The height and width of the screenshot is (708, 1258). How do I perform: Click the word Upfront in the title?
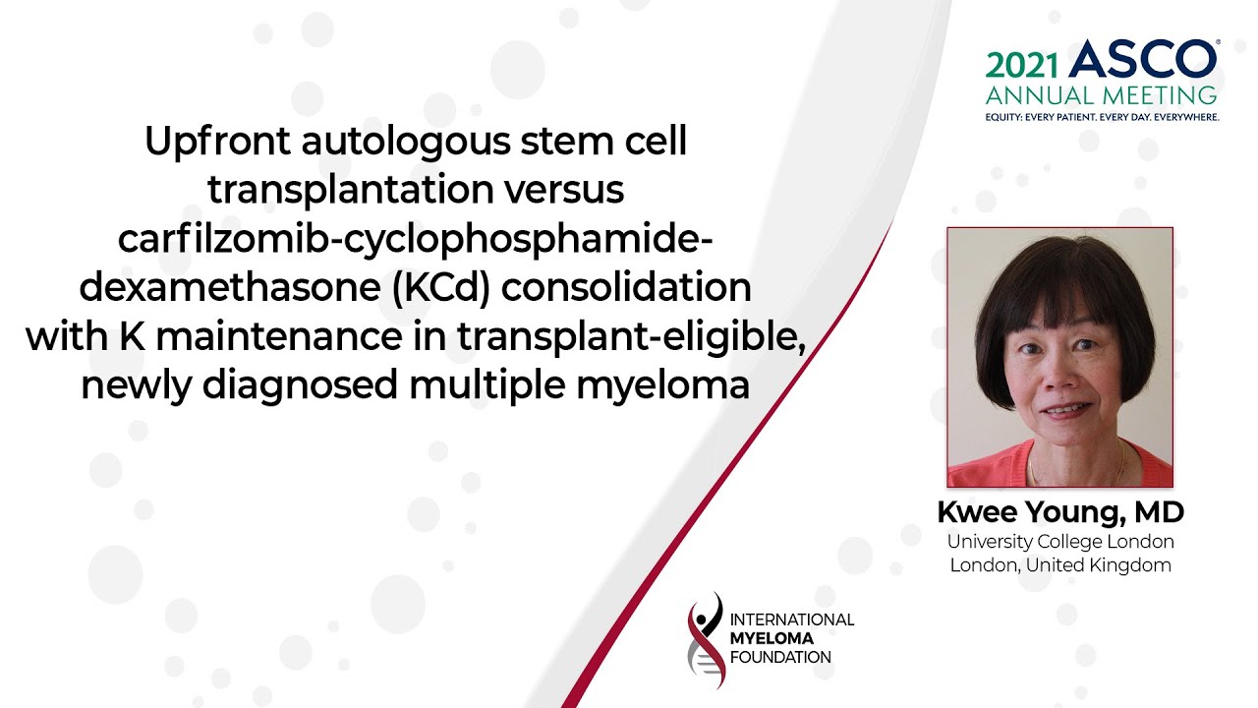click(x=217, y=142)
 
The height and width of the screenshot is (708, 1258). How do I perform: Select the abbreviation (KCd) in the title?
click(x=441, y=287)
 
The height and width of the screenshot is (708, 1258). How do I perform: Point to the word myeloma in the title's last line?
click(x=662, y=386)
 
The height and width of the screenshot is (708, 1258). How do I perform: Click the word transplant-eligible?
click(x=631, y=337)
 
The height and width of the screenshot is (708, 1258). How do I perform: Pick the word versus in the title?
click(x=564, y=190)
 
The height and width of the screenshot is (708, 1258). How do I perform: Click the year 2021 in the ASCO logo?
click(x=1021, y=66)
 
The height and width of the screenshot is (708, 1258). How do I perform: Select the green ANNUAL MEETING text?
click(x=1101, y=95)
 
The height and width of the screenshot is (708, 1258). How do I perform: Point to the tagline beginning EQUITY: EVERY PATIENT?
click(x=1102, y=117)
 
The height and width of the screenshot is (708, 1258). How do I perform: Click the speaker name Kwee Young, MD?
click(x=1060, y=512)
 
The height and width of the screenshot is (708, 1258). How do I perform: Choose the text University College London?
click(x=1060, y=541)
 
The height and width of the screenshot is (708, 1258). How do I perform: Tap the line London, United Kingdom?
click(x=1060, y=564)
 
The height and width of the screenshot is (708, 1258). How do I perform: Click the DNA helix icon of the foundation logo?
click(x=706, y=639)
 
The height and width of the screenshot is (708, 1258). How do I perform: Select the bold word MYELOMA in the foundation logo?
click(x=772, y=638)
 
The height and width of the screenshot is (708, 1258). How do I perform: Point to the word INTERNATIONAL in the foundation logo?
click(x=792, y=619)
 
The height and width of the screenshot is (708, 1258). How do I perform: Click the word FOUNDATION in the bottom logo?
click(x=780, y=657)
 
